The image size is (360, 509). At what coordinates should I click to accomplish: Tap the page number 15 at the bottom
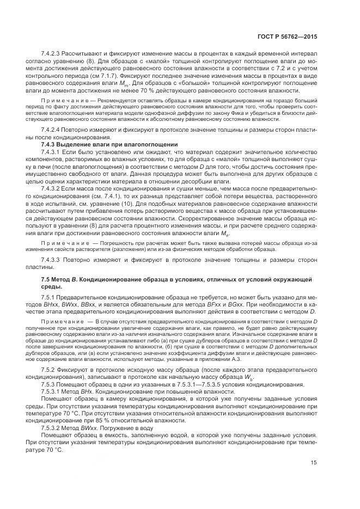pos(313,478)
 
